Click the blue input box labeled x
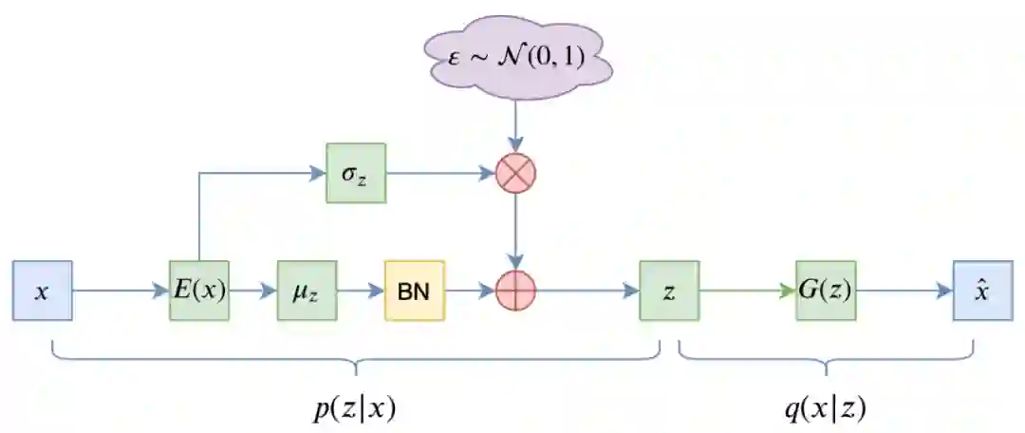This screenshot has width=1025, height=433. [x=42, y=291]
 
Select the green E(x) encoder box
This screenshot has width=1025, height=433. [x=198, y=291]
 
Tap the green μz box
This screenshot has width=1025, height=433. [x=307, y=291]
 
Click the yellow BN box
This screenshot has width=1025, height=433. [x=414, y=291]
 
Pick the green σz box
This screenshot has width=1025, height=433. [x=356, y=173]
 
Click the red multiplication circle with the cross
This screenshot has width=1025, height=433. [x=516, y=173]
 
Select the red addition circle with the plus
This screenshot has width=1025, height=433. [x=516, y=291]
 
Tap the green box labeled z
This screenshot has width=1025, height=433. [x=669, y=291]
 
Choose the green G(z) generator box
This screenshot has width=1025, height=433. [x=825, y=291]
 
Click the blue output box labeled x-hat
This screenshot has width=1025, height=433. [x=982, y=291]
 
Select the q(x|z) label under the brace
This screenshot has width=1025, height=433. [x=825, y=407]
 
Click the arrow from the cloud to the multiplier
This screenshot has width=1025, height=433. [x=516, y=129]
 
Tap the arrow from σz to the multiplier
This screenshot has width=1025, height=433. [x=440, y=173]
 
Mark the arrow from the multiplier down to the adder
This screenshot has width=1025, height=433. [x=516, y=232]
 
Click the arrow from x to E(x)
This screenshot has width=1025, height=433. [x=120, y=291]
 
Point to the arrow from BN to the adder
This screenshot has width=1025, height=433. [x=470, y=291]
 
